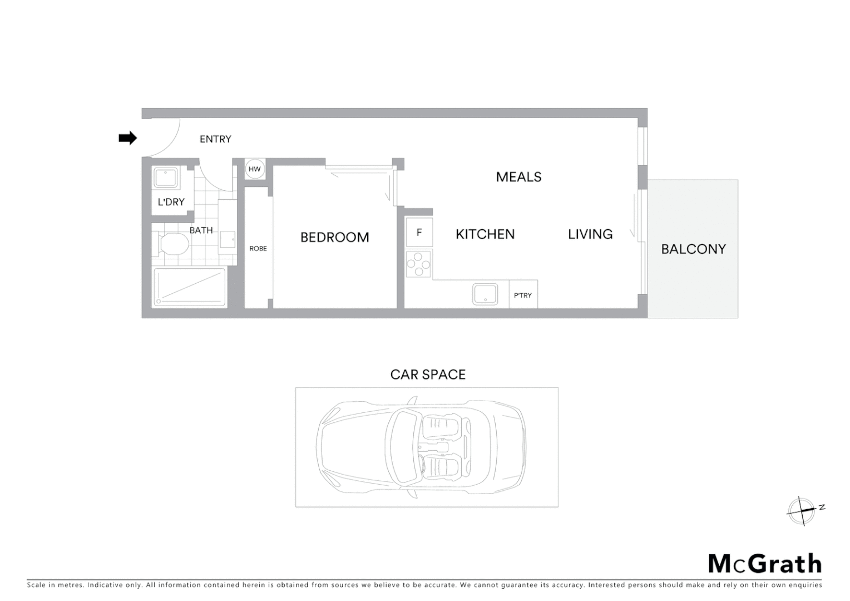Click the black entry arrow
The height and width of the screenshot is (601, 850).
(x=128, y=138)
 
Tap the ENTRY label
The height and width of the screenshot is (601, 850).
(x=215, y=139)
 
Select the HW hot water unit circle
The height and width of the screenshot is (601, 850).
(x=255, y=169)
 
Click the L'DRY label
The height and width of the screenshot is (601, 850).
(x=171, y=202)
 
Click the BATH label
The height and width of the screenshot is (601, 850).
(x=201, y=230)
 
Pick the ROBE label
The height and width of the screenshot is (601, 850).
(x=258, y=249)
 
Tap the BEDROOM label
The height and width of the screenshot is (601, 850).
(x=334, y=238)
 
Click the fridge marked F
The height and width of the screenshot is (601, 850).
(x=419, y=233)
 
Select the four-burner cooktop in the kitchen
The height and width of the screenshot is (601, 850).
(x=418, y=264)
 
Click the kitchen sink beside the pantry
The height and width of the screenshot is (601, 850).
(x=485, y=294)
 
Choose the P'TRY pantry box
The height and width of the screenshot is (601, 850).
(x=523, y=295)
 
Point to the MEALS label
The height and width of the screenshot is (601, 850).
(x=518, y=177)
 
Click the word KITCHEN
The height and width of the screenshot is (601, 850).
(x=485, y=234)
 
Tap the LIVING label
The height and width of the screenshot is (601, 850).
(x=590, y=234)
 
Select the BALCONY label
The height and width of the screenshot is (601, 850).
(x=693, y=249)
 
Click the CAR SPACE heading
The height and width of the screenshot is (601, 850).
(x=428, y=375)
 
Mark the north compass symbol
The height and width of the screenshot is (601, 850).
(x=802, y=510)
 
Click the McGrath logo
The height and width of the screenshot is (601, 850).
(x=765, y=564)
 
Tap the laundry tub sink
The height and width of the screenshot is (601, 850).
(x=166, y=178)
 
